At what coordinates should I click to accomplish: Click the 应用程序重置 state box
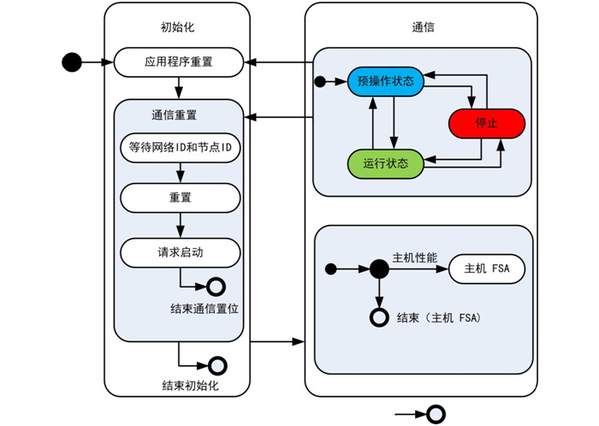(x=179, y=62)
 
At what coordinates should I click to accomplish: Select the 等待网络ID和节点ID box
(x=179, y=147)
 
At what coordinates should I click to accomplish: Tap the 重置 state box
(x=179, y=197)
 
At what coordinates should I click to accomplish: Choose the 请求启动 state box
(x=179, y=252)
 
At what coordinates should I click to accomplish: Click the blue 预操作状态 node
(x=385, y=82)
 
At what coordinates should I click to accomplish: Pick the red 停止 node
(x=486, y=123)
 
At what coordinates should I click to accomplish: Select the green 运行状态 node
(x=385, y=162)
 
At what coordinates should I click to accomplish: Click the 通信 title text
(x=422, y=27)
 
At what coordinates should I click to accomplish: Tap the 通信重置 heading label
(x=179, y=115)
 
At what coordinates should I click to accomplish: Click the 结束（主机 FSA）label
(x=439, y=318)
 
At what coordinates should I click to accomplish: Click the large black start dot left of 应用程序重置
(x=72, y=62)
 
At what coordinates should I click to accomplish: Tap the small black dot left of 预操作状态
(x=319, y=82)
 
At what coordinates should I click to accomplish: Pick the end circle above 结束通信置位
(x=216, y=287)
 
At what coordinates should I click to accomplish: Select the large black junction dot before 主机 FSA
(x=379, y=269)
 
